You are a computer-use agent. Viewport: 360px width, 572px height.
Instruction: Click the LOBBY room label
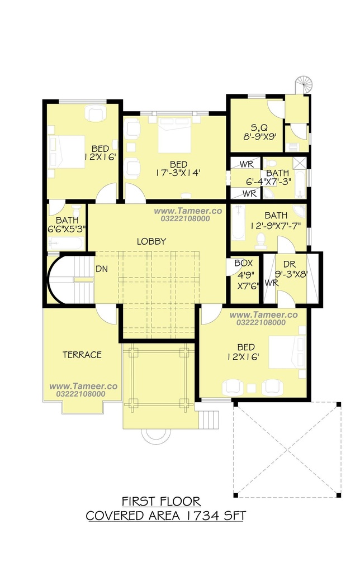(x=151, y=241)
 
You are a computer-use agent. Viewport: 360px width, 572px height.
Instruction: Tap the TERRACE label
(x=82, y=355)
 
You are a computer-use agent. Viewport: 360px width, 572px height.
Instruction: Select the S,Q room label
(x=259, y=128)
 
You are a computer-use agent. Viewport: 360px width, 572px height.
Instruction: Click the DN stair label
(x=102, y=269)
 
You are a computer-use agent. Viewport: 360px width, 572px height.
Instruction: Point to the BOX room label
(x=244, y=263)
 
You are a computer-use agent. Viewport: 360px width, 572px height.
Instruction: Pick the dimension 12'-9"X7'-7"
(x=276, y=226)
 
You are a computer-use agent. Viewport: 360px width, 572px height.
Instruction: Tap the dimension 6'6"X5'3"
(x=67, y=229)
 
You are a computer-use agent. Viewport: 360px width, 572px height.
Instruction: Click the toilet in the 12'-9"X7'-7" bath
(x=260, y=241)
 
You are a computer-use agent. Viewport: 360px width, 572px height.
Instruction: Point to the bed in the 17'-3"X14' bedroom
(x=174, y=135)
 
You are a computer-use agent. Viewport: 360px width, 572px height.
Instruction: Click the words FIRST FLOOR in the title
(x=161, y=502)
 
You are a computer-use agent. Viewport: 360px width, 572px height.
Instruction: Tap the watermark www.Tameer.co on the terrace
(x=83, y=387)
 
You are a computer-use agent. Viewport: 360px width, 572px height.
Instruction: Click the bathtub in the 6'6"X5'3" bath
(x=66, y=244)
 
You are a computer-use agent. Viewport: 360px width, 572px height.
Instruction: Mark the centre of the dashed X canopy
(x=287, y=450)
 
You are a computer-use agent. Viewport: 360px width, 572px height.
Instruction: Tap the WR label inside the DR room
(x=271, y=283)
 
